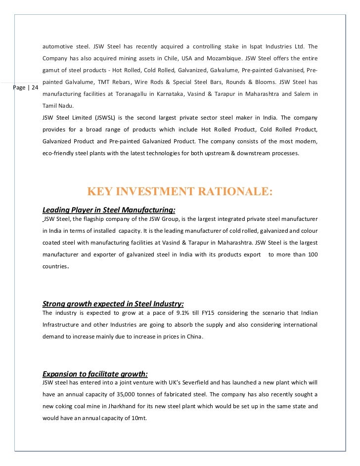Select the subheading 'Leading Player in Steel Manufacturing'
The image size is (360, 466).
click(109, 210)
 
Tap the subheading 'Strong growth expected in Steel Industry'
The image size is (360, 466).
click(113, 303)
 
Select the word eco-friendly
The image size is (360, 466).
click(59, 153)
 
